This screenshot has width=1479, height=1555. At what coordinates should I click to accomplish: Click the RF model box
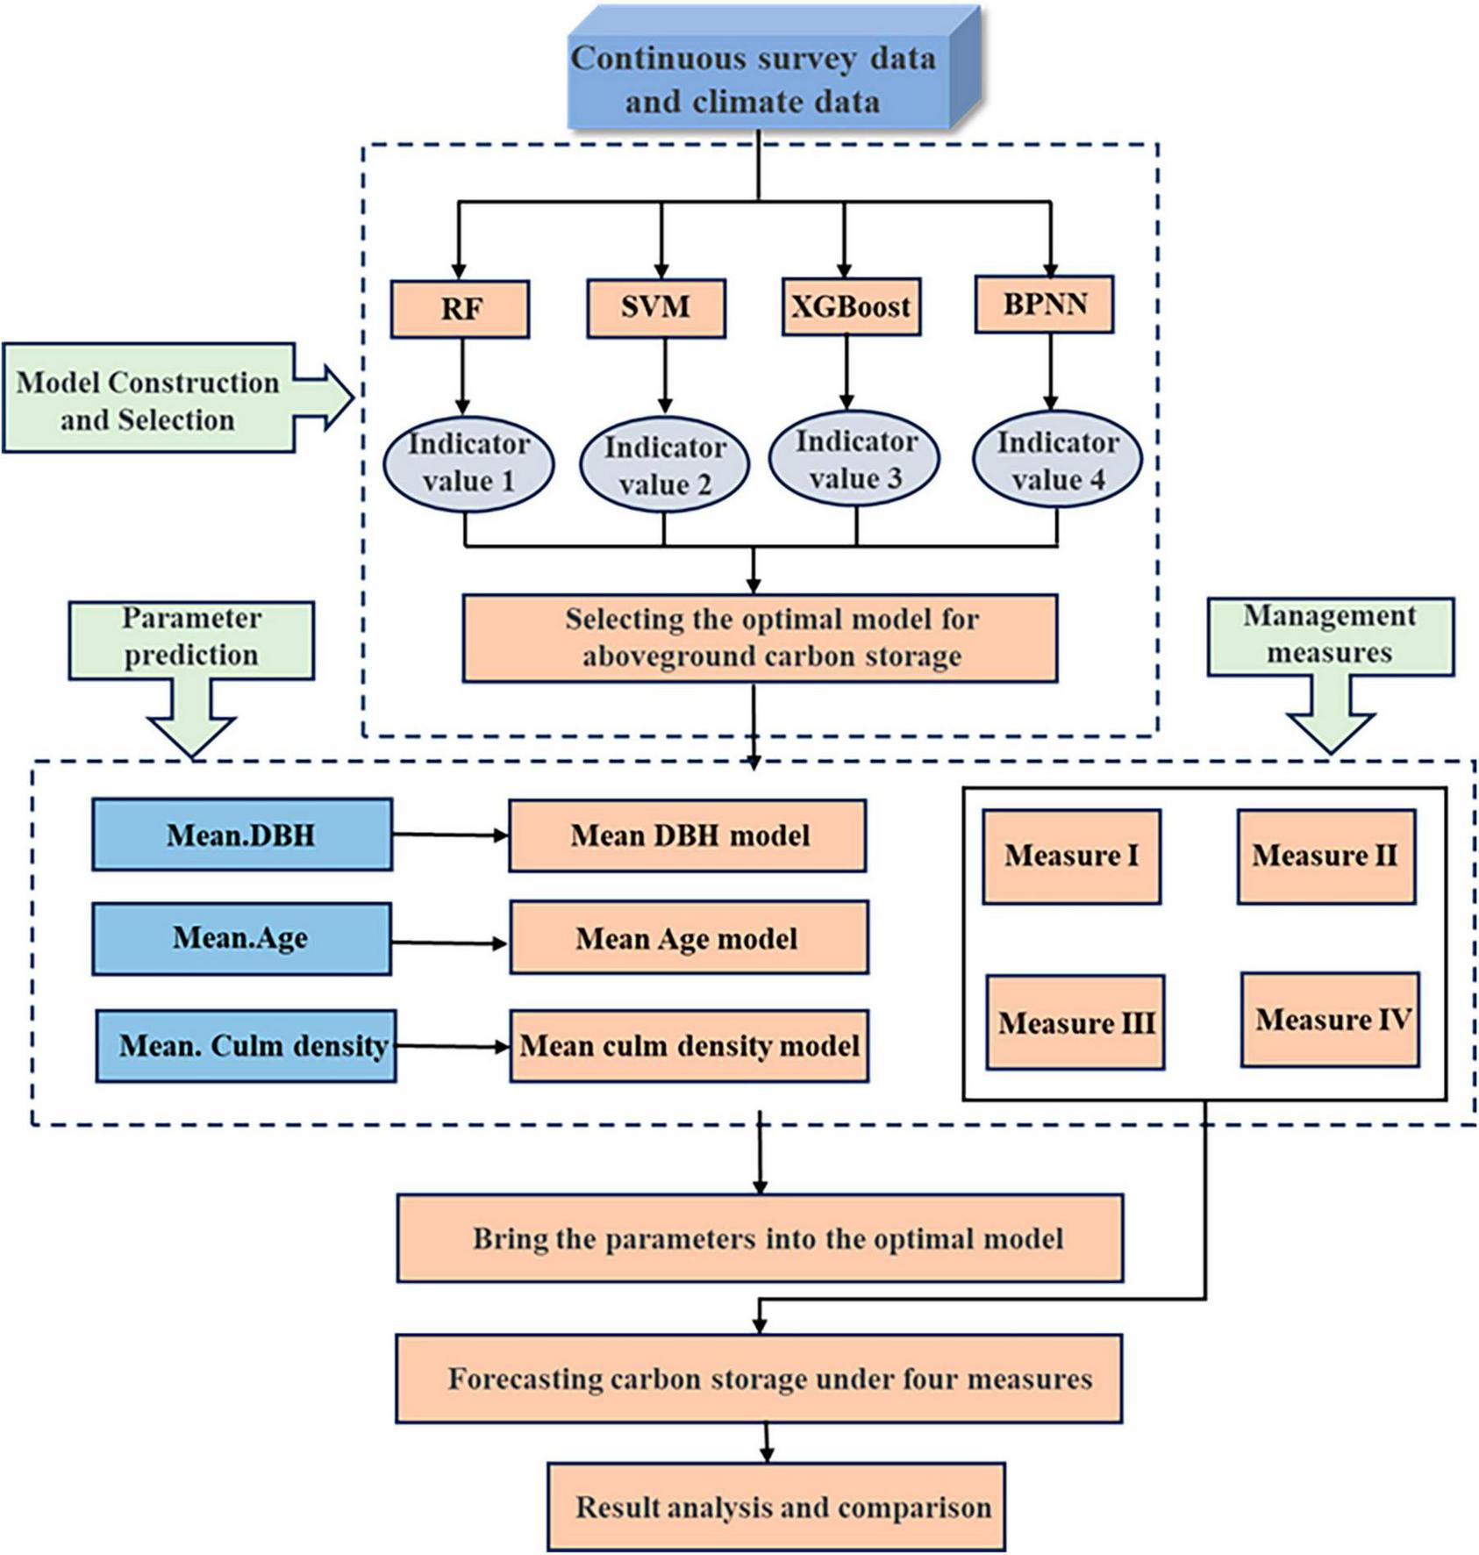pos(460,309)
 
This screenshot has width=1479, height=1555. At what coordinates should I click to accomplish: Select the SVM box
pos(656,308)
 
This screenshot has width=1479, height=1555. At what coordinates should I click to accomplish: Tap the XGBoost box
pos(851,307)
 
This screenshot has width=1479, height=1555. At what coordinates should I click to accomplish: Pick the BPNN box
pos(1044,305)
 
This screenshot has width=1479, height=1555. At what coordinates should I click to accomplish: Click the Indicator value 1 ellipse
pos(468,463)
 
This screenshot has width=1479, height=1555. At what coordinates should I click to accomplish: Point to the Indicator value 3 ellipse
pos(854,460)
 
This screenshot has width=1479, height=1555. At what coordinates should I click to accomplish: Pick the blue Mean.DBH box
pos(241,835)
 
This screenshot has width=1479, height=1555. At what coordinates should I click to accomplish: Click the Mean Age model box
pos(689,938)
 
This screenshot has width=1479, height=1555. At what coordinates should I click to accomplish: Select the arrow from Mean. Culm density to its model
pos(452,1046)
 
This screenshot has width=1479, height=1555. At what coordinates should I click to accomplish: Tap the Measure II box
pos(1325,856)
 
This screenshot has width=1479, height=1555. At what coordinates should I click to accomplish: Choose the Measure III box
pos(1075,1023)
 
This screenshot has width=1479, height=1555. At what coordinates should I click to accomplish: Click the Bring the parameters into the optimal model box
pos(760,1238)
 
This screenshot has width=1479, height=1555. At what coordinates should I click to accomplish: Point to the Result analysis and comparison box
pos(776,1507)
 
